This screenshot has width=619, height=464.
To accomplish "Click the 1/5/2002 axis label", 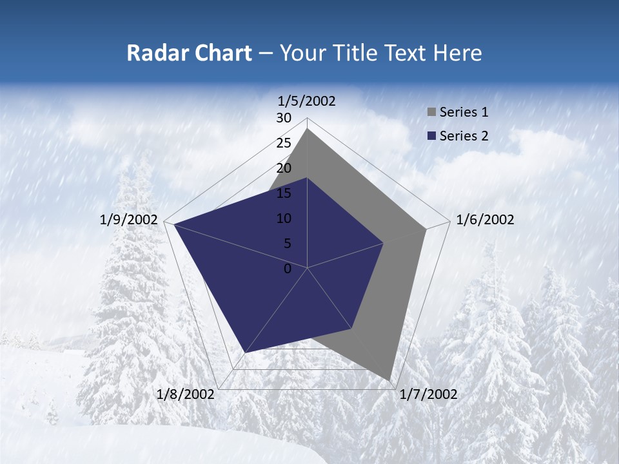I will click(x=307, y=101).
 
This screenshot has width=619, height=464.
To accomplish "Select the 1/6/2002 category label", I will click(x=485, y=220).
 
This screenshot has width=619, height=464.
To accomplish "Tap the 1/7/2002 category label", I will click(x=428, y=394).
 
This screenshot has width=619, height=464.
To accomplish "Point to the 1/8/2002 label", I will click(x=186, y=394).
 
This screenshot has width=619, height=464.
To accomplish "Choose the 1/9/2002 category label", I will click(x=129, y=220).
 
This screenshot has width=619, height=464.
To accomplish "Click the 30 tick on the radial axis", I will click(x=284, y=118).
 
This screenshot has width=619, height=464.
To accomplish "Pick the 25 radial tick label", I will click(x=284, y=143).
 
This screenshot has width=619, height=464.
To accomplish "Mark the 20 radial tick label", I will click(x=284, y=168).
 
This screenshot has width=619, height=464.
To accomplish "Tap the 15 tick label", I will click(x=284, y=193).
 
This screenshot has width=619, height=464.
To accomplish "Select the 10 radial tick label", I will click(x=284, y=218).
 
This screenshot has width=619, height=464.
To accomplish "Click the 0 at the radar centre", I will click(x=288, y=269).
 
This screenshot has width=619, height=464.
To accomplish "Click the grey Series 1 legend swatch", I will click(x=431, y=113).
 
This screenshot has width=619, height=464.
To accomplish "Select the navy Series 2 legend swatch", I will click(x=431, y=136).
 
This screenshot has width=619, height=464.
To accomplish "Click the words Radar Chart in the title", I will click(x=189, y=53).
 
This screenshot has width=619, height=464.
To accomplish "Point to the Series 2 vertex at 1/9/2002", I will click(x=173, y=224).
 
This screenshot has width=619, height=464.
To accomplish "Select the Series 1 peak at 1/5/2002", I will click(x=308, y=129).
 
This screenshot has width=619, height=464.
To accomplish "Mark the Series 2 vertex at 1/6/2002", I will click(x=384, y=243).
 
